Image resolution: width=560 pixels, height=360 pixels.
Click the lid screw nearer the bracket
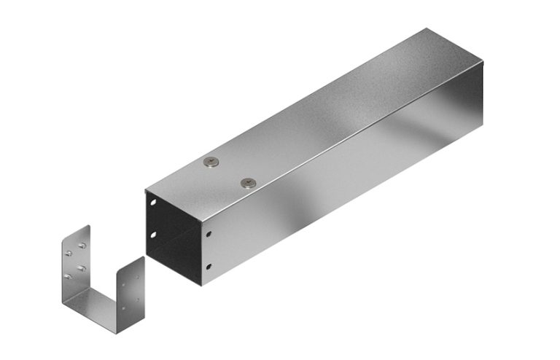(x=211, y=162)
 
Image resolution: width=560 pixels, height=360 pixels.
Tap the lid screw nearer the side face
(x=249, y=181)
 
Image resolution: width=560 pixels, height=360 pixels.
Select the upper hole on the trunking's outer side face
(x=209, y=235)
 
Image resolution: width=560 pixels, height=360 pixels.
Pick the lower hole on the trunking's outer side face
(x=209, y=267)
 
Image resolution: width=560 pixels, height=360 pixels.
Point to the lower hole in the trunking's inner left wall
(x=154, y=234)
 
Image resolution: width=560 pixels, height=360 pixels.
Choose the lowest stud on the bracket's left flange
(x=69, y=276)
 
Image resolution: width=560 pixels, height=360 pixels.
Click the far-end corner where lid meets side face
(x=483, y=63)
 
